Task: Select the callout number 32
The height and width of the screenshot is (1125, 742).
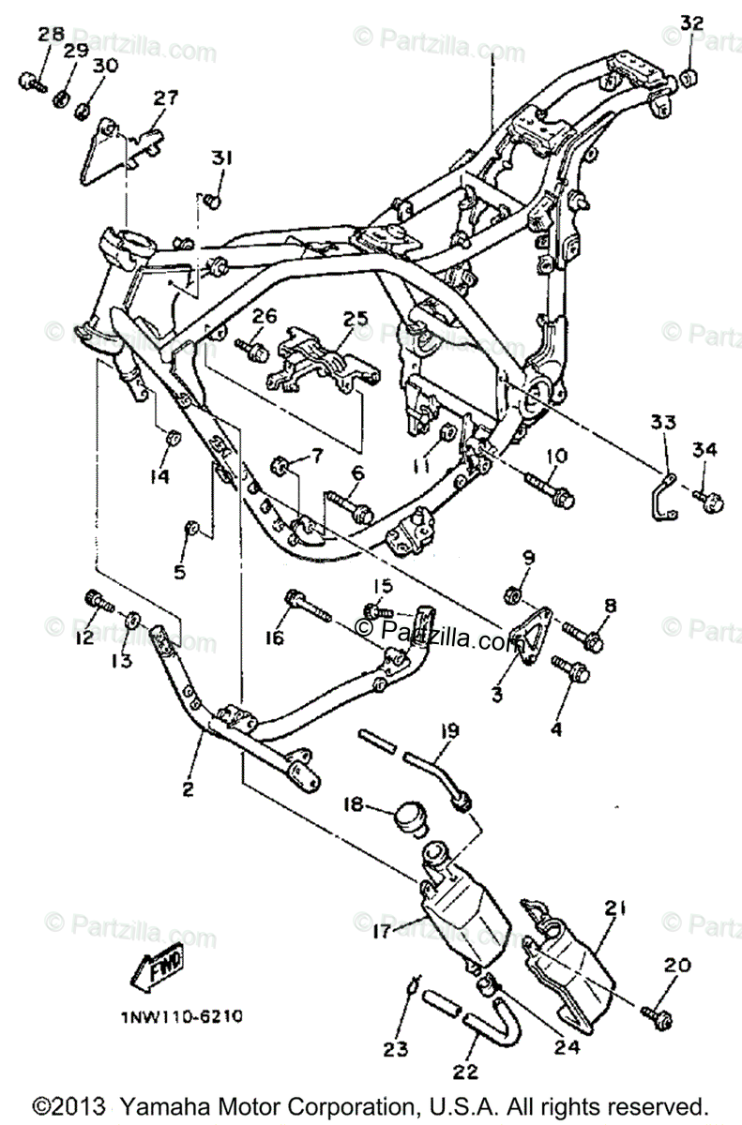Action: click(x=690, y=22)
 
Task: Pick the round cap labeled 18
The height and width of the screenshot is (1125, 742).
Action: click(x=407, y=813)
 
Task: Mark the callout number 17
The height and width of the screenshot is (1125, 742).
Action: click(x=382, y=932)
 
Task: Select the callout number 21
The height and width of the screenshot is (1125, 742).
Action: click(x=613, y=907)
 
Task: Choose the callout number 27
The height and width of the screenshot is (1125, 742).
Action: click(x=165, y=97)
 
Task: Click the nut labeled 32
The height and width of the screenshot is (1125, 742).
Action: click(x=689, y=77)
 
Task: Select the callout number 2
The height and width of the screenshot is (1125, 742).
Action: click(x=188, y=789)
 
